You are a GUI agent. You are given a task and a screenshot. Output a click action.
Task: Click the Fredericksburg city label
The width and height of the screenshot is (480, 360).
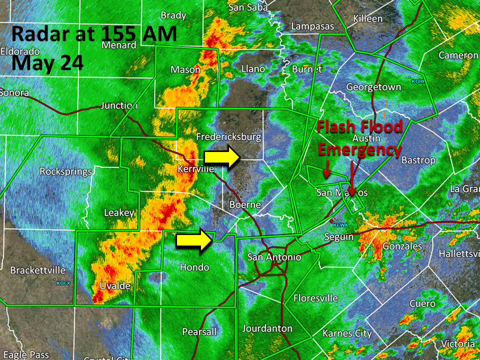(228, 136)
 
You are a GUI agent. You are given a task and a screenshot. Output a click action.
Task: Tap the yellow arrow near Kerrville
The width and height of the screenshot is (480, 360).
(223, 156)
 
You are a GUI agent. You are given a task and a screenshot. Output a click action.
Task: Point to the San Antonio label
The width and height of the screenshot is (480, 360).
(274, 257)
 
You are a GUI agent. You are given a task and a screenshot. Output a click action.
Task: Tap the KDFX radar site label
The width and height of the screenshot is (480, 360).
(63, 283)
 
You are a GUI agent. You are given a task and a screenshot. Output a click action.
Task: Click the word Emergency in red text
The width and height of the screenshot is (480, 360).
(359, 149)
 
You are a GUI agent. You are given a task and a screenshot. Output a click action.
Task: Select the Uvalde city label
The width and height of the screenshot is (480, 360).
(115, 286)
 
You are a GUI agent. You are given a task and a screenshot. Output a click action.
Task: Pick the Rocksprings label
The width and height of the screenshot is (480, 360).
(65, 171)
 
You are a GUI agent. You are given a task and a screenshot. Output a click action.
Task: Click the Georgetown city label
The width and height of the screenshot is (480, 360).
(373, 87)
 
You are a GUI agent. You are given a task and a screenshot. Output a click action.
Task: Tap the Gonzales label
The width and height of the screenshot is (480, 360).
(402, 246)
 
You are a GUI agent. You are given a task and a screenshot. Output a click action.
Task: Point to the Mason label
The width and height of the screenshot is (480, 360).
(185, 69)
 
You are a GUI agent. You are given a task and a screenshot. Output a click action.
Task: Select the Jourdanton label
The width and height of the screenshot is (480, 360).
(267, 328)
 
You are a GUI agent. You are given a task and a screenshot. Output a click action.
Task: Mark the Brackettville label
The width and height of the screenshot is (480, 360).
(38, 270)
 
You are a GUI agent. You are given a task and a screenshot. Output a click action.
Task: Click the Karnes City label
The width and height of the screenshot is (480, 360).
(347, 333)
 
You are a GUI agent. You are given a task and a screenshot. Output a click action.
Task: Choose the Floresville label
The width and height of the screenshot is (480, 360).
(315, 298)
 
